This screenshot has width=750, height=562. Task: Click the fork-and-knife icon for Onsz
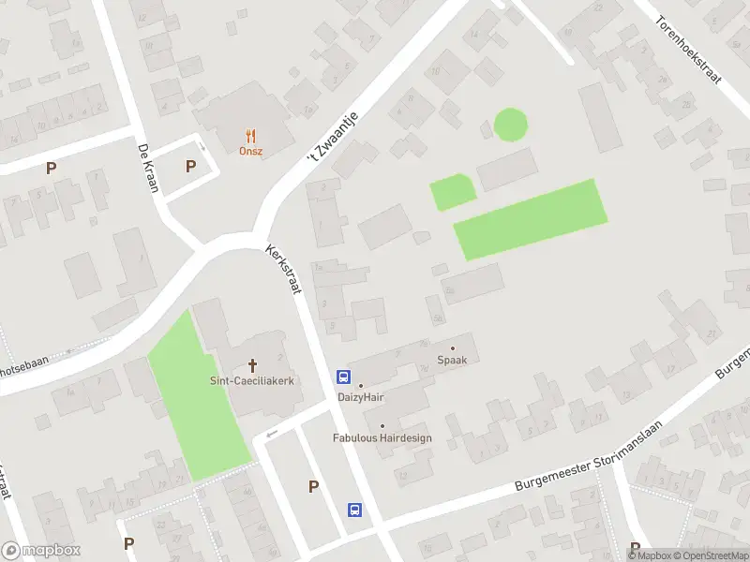[x=250, y=136]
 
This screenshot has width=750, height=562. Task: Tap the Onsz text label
[x=250, y=151]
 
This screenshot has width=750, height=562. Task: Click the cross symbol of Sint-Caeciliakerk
[x=251, y=364]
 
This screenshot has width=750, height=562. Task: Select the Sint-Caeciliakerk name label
[x=251, y=380]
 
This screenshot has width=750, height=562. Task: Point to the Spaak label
[x=452, y=360]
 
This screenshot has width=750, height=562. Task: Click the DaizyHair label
[x=361, y=397]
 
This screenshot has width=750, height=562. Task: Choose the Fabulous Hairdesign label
[x=382, y=437]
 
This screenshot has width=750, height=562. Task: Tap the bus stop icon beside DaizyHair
[x=344, y=377]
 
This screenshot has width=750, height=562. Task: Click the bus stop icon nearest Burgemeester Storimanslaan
[x=355, y=510]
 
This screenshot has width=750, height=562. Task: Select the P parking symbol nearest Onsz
[x=190, y=166]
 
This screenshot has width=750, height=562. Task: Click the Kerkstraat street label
[x=283, y=271]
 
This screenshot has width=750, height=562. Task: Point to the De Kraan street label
[x=146, y=169]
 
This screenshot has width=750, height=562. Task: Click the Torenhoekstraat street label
[x=688, y=51]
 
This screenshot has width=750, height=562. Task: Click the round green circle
[x=510, y=125]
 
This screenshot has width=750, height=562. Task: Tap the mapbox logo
[x=41, y=551]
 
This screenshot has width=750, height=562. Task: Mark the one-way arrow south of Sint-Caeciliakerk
[x=272, y=434]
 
